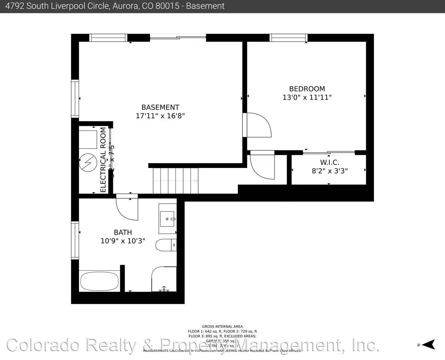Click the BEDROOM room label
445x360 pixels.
[x=307, y=89]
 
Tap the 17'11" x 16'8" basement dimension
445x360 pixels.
[x=160, y=116]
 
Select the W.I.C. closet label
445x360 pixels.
[x=330, y=162]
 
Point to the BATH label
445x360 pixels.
[x=123, y=232]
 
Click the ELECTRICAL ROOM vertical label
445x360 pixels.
[x=103, y=160]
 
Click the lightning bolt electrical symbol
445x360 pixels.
[x=88, y=163]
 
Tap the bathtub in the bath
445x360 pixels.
[x=99, y=281]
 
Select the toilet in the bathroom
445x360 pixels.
[x=164, y=245]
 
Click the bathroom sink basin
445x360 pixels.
[x=168, y=219]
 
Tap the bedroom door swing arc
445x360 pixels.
[x=260, y=125]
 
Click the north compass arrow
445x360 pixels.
[x=430, y=344]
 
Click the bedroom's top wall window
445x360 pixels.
[x=288, y=38]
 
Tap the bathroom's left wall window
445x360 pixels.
[x=75, y=240]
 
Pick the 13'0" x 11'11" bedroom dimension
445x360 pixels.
[x=307, y=97]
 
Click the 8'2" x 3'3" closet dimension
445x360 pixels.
[x=330, y=171]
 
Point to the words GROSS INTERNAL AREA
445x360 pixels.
[x=222, y=327]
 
